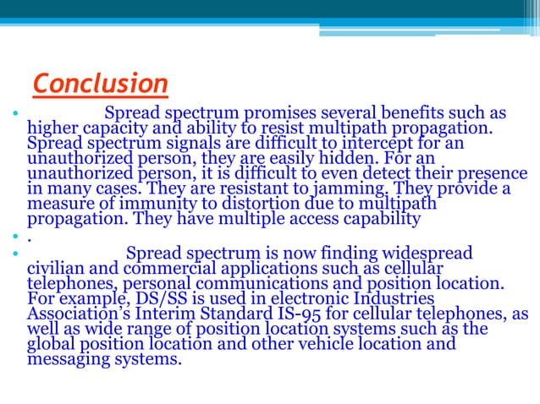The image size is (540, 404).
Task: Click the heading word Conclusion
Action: pyautogui.click(x=100, y=85)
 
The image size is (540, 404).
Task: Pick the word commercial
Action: pyautogui.click(x=159, y=268)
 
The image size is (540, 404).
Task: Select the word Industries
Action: pyautogui.click(x=384, y=298)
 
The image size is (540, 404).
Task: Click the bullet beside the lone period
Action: pyautogui.click(x=16, y=237)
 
